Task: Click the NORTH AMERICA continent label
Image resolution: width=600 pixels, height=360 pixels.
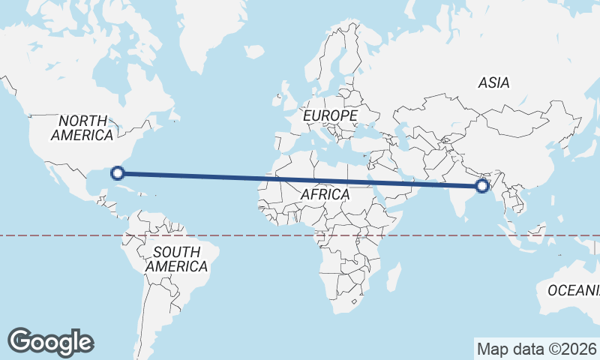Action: (82, 127)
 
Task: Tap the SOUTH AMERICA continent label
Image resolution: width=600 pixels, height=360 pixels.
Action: (176, 259)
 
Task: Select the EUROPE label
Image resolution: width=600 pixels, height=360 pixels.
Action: (330, 115)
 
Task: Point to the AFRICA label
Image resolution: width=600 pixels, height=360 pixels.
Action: (325, 194)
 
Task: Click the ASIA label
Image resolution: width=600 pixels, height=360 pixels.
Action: (493, 82)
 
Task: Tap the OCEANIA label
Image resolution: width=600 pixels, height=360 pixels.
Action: (574, 290)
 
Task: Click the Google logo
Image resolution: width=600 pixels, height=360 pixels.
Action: (50, 341)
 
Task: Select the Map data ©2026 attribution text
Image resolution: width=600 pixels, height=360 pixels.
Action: (536, 349)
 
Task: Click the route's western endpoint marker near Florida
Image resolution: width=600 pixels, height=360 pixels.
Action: (117, 173)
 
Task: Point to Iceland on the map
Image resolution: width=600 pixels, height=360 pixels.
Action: (254, 51)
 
